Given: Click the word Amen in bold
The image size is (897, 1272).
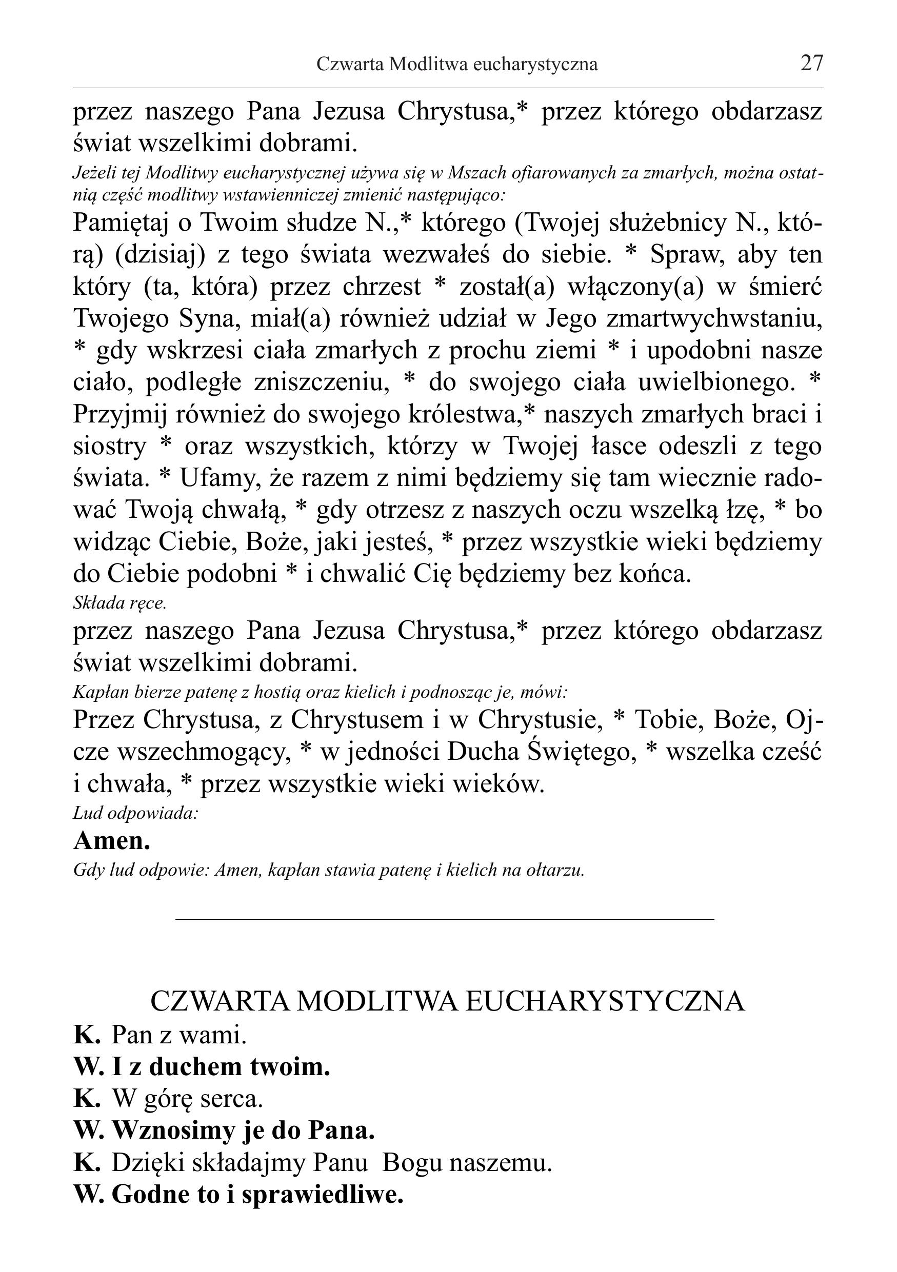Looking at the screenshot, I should (111, 840).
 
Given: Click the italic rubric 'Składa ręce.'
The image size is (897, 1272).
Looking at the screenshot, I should (119, 603).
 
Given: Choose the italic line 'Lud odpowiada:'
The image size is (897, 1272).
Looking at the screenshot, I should (136, 813).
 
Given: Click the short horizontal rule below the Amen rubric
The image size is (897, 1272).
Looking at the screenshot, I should (444, 919).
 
